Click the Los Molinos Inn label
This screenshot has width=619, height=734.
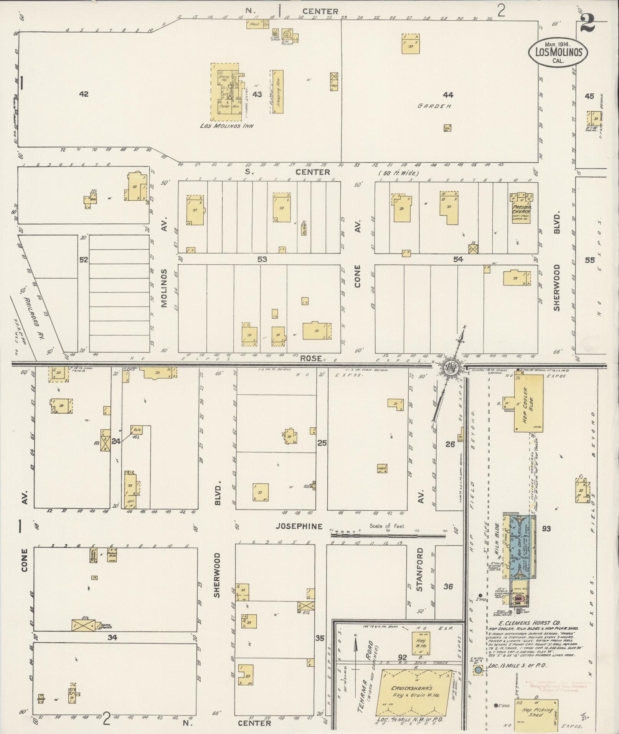point(226,126)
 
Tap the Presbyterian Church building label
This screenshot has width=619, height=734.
point(521,209)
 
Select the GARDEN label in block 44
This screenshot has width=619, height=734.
point(434,106)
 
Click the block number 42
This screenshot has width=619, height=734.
point(83,94)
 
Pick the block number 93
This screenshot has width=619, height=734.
point(546,529)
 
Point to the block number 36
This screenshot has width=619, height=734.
point(448,586)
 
